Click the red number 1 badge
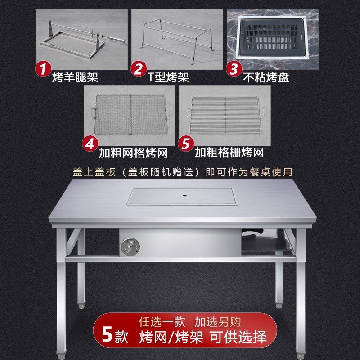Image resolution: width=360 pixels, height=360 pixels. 44,70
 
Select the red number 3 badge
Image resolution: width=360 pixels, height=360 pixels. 234,70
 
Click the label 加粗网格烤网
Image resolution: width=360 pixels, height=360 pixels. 133,153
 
